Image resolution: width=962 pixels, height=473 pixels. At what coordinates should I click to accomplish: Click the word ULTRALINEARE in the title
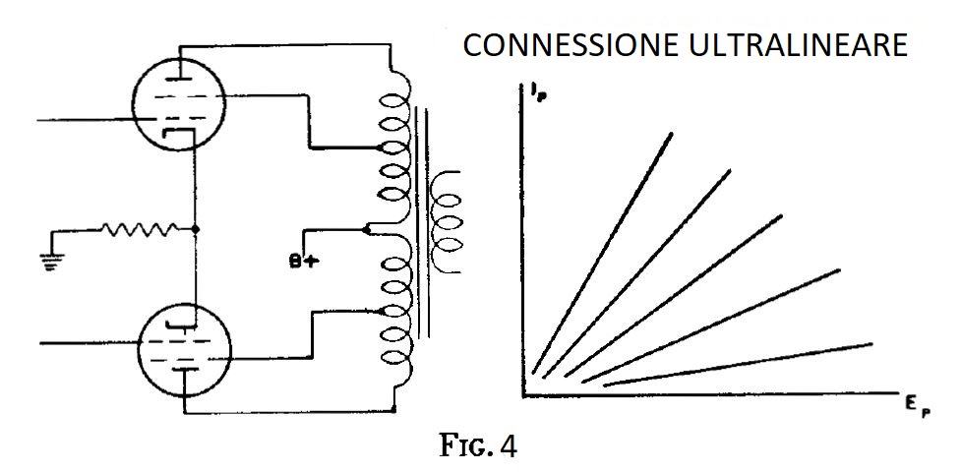(x=798, y=45)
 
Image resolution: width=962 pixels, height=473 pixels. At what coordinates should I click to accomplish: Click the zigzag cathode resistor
(x=140, y=229)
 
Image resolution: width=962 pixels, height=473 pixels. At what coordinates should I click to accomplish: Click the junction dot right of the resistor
(x=195, y=229)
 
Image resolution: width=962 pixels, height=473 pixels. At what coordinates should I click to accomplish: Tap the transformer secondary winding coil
(x=446, y=222)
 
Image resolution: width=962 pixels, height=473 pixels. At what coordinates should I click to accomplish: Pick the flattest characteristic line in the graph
(x=738, y=365)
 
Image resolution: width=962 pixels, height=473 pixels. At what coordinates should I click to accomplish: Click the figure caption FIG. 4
(x=479, y=446)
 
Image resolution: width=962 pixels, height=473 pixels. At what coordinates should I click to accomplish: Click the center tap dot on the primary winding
(x=366, y=230)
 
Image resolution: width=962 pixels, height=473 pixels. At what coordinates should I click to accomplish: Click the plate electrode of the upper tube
(x=177, y=79)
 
